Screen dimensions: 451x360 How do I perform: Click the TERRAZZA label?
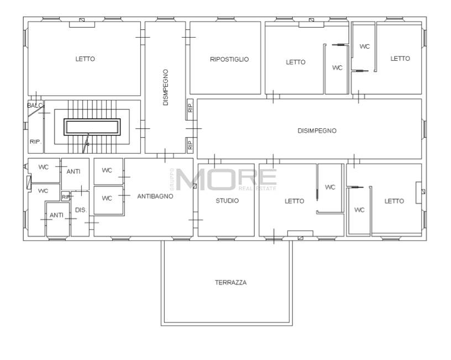coord(230,283)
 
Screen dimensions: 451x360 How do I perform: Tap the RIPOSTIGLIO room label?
coord(229,59)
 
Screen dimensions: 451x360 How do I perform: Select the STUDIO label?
coord(227,201)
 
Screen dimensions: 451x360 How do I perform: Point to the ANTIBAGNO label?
coord(155,196)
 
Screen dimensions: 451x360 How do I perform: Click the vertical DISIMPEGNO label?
coord(165,87)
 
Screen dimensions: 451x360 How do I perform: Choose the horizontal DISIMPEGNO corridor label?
coord(317,131)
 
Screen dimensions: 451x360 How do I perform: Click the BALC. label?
coord(35,106)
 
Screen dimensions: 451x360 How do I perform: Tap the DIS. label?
coord(81,210)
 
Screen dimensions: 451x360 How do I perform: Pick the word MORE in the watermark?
coord(227,179)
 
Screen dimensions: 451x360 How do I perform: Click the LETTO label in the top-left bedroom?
coord(85,59)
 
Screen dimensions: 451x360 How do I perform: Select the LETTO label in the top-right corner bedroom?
coord(400,59)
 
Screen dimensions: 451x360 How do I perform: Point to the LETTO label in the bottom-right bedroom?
coord(394,201)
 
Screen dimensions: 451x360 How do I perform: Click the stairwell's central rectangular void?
coord(92,127)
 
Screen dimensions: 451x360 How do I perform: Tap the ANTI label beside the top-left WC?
coord(74,171)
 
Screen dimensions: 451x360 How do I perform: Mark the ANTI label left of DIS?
coord(56,215)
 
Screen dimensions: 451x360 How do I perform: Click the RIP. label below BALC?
coord(36,142)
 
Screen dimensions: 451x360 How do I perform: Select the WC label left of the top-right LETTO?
coord(364,46)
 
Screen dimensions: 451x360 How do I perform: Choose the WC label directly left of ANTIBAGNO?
coord(107,199)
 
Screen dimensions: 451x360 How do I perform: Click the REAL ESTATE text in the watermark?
coord(258,189)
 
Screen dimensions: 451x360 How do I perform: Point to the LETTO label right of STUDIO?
coord(294,201)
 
